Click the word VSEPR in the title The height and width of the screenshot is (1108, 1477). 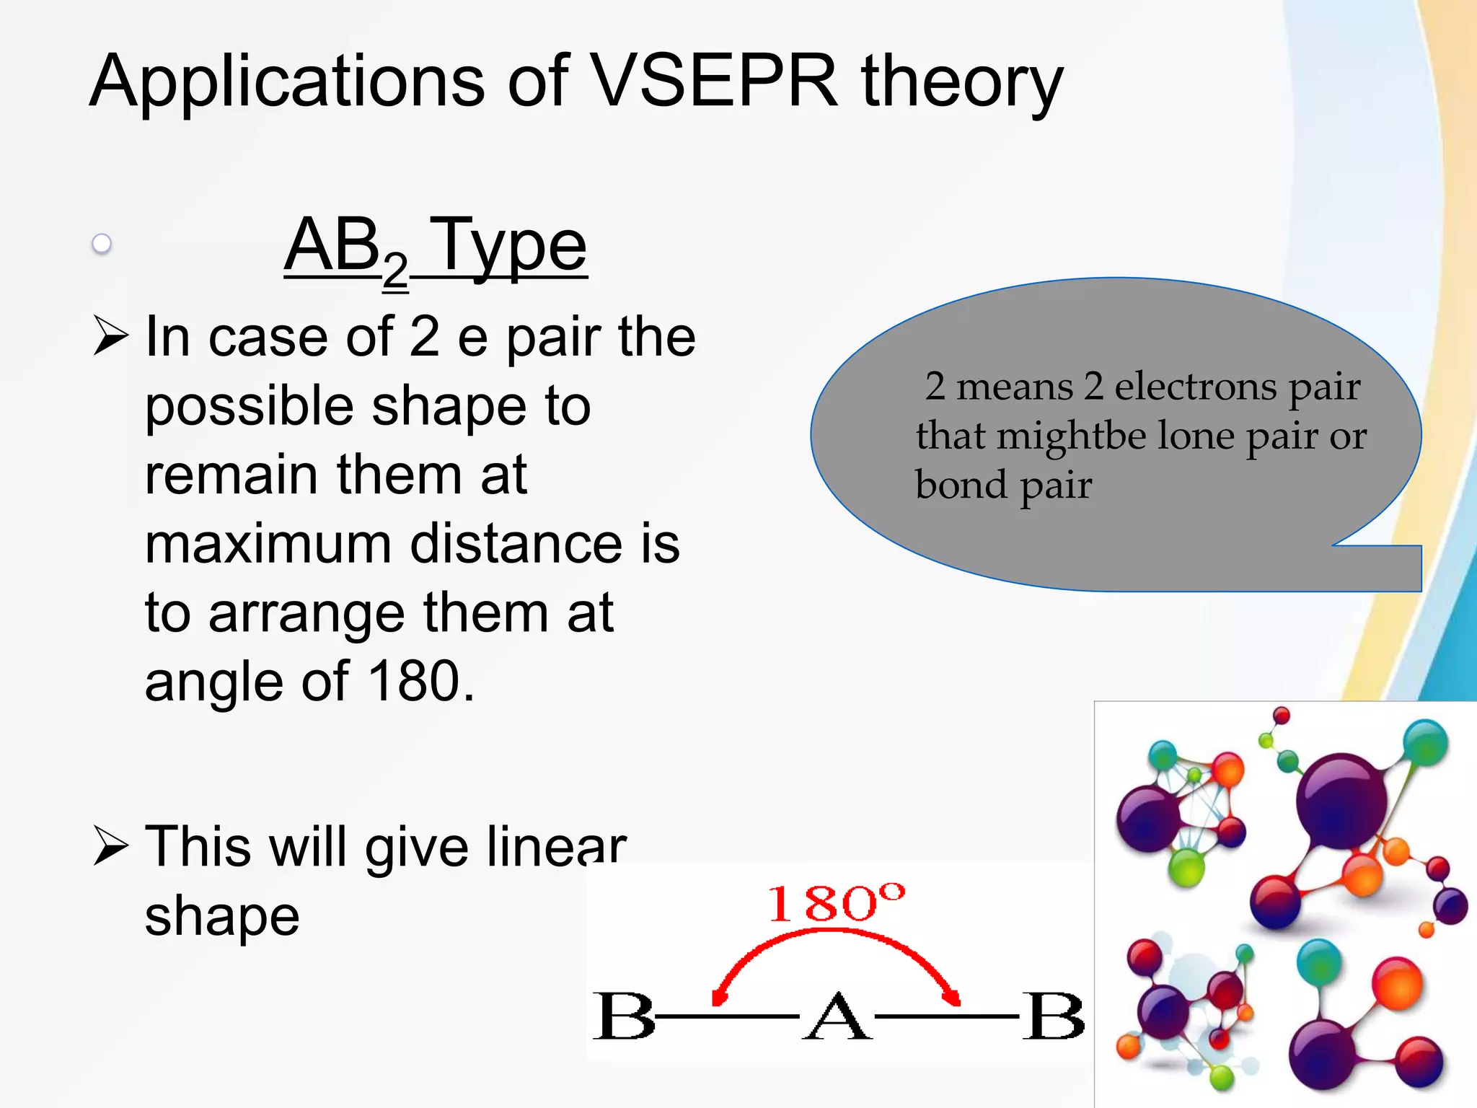(x=715, y=81)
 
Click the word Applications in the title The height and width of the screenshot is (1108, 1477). (x=288, y=82)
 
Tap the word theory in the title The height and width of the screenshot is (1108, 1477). (x=962, y=82)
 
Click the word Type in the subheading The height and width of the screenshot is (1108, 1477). (x=511, y=247)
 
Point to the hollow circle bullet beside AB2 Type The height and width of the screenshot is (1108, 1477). (x=102, y=244)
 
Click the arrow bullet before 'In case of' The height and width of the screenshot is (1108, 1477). (x=111, y=336)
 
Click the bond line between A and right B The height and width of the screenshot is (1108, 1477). (x=946, y=1016)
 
